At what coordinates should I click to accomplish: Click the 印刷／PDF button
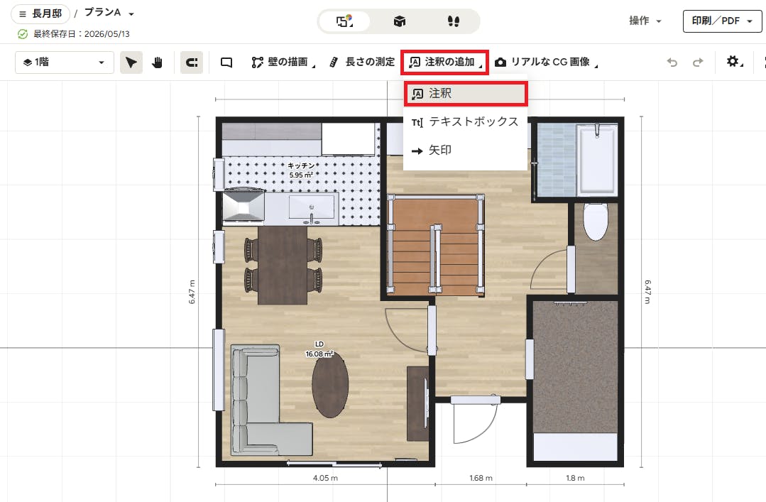click(x=722, y=21)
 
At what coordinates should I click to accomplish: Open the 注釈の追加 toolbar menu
click(x=444, y=62)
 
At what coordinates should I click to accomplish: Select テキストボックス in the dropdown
click(x=465, y=121)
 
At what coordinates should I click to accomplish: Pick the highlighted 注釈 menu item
click(x=465, y=93)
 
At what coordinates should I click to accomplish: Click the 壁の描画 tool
click(x=283, y=62)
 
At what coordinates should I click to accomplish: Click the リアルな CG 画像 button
click(x=546, y=62)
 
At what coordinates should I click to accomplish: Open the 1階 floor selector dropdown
click(x=65, y=62)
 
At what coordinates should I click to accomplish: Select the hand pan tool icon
click(x=157, y=62)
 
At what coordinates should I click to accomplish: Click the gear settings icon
click(x=733, y=62)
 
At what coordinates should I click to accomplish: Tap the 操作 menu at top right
click(x=645, y=21)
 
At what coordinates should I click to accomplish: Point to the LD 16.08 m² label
click(x=319, y=349)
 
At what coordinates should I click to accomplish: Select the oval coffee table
click(x=331, y=385)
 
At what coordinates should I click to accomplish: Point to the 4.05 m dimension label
click(x=325, y=478)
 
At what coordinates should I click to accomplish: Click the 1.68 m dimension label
click(x=481, y=478)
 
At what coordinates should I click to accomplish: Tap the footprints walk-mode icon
click(x=454, y=21)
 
